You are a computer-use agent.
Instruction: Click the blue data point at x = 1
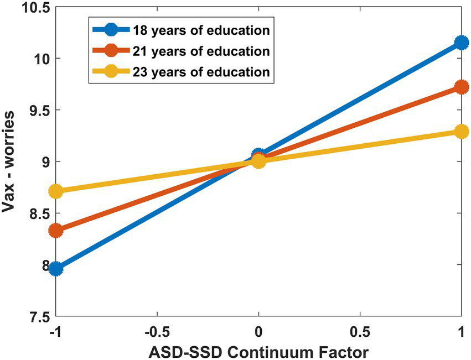pyautogui.click(x=461, y=43)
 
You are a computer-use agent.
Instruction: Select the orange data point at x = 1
pyautogui.click(x=461, y=87)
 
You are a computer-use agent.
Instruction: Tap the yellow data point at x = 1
pyautogui.click(x=461, y=132)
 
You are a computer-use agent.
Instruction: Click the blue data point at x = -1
pyautogui.click(x=55, y=269)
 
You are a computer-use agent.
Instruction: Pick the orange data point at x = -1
pyautogui.click(x=55, y=230)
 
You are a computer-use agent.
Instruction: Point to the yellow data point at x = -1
pyautogui.click(x=55, y=191)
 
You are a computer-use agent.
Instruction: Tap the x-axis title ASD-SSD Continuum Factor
pyautogui.click(x=258, y=351)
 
